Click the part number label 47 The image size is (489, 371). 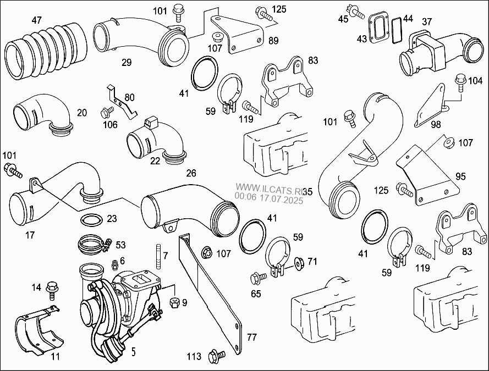pyautogui.click(x=36, y=20)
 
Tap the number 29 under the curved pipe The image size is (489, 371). pyautogui.click(x=127, y=63)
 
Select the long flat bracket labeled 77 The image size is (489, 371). pyautogui.click(x=215, y=297)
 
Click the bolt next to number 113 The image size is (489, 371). pyautogui.click(x=216, y=356)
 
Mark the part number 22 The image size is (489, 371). pyautogui.click(x=155, y=161)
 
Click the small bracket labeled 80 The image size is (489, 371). pyautogui.click(x=122, y=102)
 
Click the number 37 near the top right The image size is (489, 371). pyautogui.click(x=427, y=21)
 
